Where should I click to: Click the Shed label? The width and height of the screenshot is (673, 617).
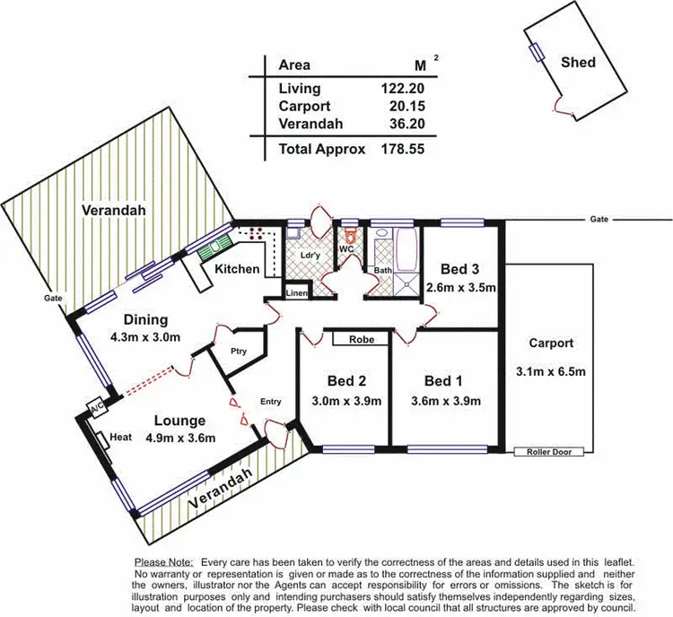click(x=578, y=63)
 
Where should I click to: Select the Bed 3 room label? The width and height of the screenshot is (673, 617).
click(x=459, y=268)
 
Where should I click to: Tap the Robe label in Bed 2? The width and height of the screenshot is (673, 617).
click(x=362, y=340)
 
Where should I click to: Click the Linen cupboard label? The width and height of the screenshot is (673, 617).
click(x=297, y=293)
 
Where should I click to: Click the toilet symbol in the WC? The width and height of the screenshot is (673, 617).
click(x=351, y=239)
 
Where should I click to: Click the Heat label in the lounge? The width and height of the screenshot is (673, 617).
click(x=121, y=439)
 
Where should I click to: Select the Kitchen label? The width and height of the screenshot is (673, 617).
click(x=237, y=269)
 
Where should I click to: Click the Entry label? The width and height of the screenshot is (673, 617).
click(x=271, y=403)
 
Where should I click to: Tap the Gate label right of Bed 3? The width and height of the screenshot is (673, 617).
click(x=599, y=219)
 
